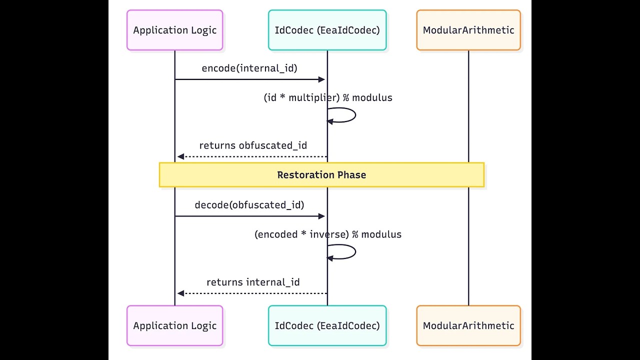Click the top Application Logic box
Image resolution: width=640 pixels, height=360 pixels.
pos(174,30)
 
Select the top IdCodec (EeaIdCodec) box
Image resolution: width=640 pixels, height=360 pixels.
pos(327,30)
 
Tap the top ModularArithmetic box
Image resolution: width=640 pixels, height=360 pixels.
pos(468,30)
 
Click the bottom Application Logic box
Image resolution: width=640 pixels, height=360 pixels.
pos(174,325)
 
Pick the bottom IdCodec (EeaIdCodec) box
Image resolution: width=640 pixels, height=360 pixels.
pos(327,325)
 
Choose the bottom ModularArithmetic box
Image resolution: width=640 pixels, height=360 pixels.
pos(468,325)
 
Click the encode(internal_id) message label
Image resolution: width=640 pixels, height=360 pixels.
pos(249,68)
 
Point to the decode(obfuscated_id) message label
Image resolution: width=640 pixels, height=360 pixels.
pos(249,205)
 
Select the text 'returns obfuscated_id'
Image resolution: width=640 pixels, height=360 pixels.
pos(253,145)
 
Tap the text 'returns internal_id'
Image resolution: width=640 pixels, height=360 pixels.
pos(253,282)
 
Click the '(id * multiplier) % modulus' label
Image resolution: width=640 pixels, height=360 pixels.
pos(328,98)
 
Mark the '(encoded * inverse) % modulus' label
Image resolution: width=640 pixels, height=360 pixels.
pos(328,234)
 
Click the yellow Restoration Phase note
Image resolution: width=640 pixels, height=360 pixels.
pos(321,175)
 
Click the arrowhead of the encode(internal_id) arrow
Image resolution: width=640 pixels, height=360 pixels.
pos(322,79)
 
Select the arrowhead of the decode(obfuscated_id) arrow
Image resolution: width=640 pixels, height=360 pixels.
pos(322,216)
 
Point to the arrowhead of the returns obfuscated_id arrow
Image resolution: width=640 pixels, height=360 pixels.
pos(180,156)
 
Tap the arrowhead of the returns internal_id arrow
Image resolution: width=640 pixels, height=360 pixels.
pos(180,293)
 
